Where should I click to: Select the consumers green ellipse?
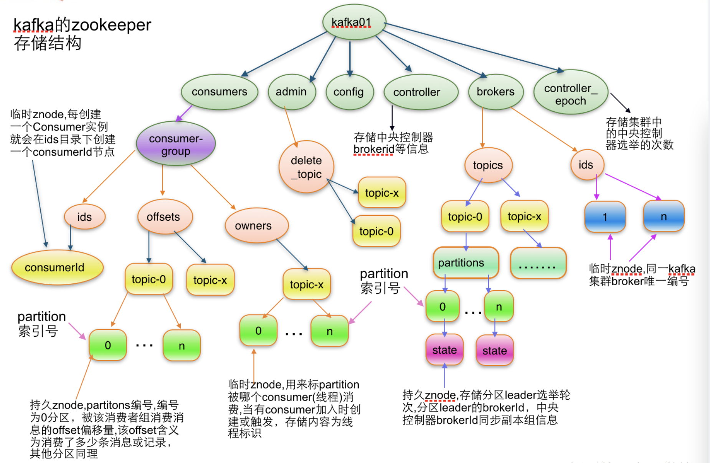pyautogui.click(x=220, y=92)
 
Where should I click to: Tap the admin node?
pyautogui.click(x=291, y=92)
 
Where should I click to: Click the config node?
pyautogui.click(x=349, y=92)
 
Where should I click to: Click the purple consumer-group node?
pyautogui.click(x=176, y=144)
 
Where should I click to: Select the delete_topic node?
pyautogui.click(x=306, y=167)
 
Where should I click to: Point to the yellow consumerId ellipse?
pyautogui.click(x=57, y=267)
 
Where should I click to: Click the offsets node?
pyautogui.click(x=164, y=217)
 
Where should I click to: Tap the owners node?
pyautogui.click(x=256, y=226)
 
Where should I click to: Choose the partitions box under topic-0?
pyautogui.click(x=465, y=263)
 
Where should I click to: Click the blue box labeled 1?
pyautogui.click(x=605, y=217)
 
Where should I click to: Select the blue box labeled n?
pyautogui.click(x=664, y=216)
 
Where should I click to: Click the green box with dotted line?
pyautogui.click(x=538, y=263)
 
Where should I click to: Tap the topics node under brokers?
pyautogui.click(x=488, y=165)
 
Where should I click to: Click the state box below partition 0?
pyautogui.click(x=444, y=350)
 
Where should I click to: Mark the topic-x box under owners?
pyautogui.click(x=306, y=284)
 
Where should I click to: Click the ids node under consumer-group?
pyautogui.click(x=84, y=217)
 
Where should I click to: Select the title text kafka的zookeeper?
pyautogui.click(x=82, y=25)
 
